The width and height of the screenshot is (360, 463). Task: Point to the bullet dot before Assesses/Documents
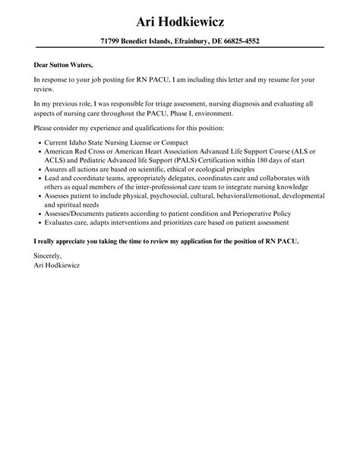[39, 213]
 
